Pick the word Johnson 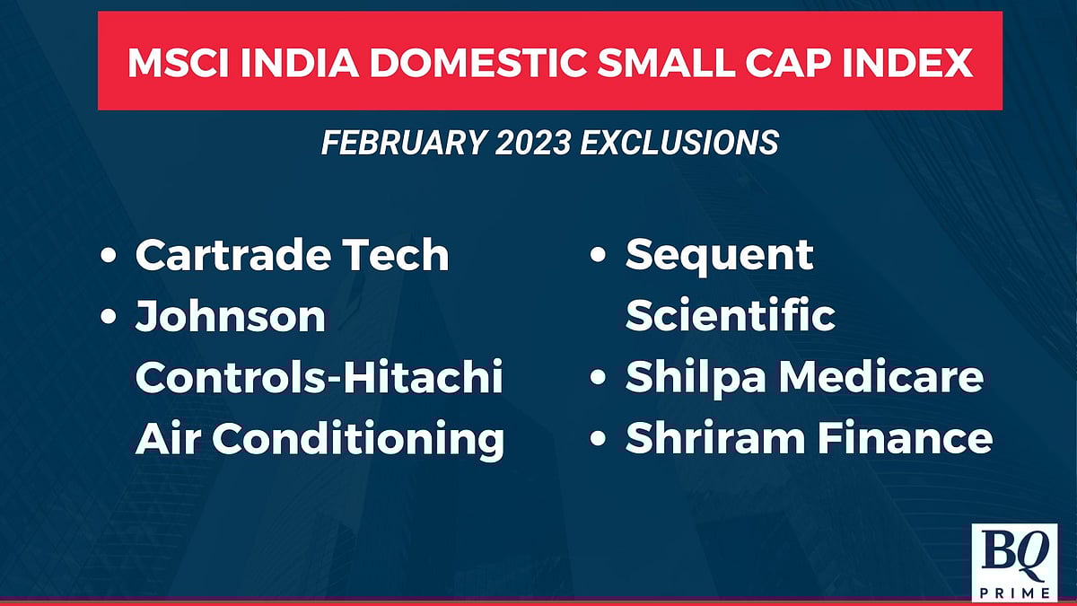coord(230,317)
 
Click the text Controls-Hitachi coord(319,378)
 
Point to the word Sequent coord(719,256)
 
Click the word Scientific coord(730,317)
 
